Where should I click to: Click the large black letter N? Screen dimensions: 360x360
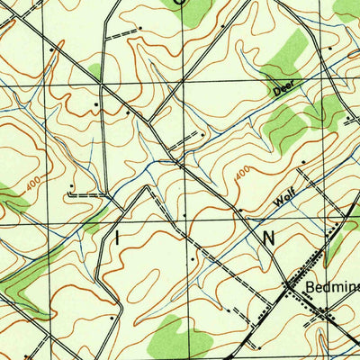coord(268,237)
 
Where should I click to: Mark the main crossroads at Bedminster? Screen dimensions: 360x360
coord(289,286)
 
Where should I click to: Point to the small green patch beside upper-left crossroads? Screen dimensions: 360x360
coord(94,70)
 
